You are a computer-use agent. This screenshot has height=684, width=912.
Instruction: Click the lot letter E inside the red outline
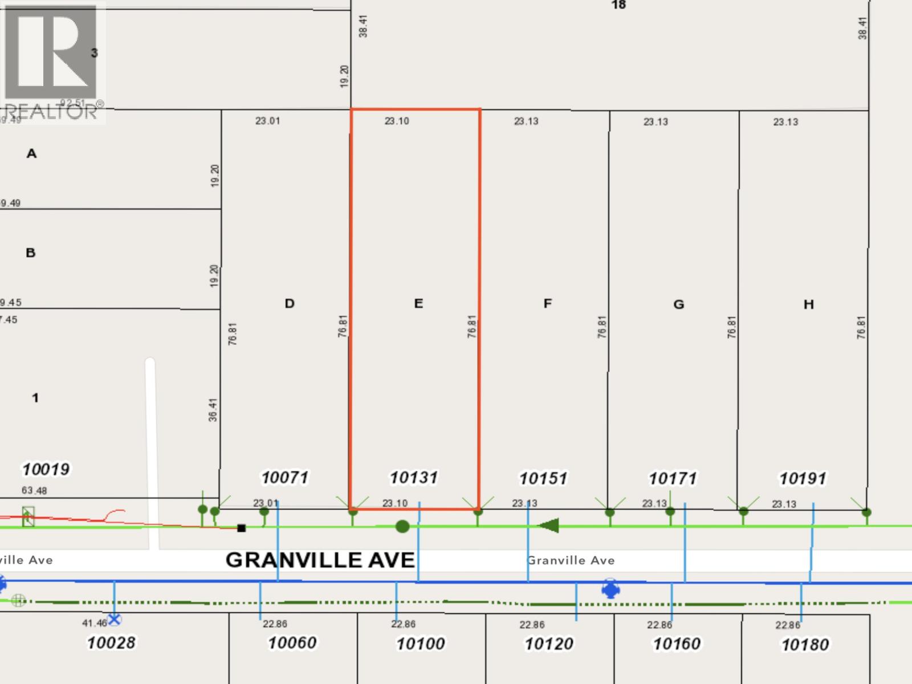(418, 303)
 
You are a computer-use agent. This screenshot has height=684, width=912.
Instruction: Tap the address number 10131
(414, 477)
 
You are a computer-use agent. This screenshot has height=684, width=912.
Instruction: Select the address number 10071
(285, 477)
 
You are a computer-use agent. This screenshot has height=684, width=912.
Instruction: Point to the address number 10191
(803, 478)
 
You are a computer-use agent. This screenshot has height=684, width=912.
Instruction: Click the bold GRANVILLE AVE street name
(320, 560)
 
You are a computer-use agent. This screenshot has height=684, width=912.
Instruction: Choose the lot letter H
(808, 304)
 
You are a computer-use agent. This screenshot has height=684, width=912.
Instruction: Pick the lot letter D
(290, 303)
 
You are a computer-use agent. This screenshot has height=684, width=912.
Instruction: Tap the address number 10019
(46, 469)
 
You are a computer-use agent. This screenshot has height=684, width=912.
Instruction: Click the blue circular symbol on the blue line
(610, 589)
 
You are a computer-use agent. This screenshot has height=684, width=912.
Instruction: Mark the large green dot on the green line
(402, 526)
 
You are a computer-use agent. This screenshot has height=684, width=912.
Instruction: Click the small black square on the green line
(241, 528)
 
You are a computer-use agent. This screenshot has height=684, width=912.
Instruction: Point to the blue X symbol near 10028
(115, 619)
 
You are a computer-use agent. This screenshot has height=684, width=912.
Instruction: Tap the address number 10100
(421, 644)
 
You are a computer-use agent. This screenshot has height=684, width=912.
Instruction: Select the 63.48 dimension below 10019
(34, 490)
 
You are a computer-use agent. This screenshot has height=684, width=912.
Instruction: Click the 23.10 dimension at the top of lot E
(397, 121)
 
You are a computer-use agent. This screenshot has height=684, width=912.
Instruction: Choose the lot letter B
(31, 253)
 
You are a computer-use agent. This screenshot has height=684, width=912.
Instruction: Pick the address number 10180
(805, 645)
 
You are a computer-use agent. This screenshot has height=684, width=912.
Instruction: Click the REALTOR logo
(51, 60)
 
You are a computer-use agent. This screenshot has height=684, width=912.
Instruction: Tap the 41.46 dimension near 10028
(94, 623)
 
